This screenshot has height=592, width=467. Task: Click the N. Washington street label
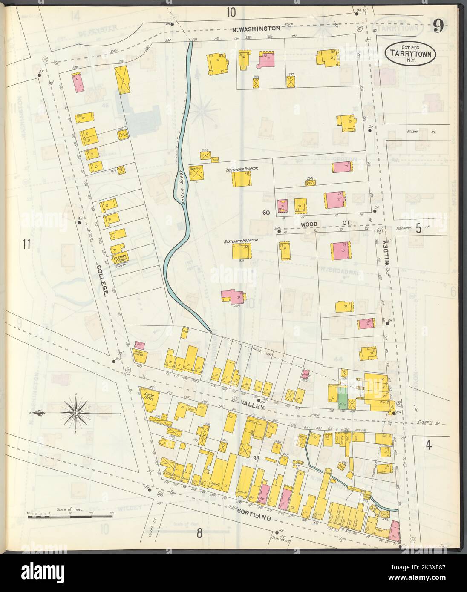coord(256,29)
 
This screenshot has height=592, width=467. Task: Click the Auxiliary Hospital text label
coord(241,241)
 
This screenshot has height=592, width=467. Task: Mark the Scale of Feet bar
coord(70,517)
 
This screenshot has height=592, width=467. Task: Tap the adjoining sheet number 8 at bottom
coord(199,533)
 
